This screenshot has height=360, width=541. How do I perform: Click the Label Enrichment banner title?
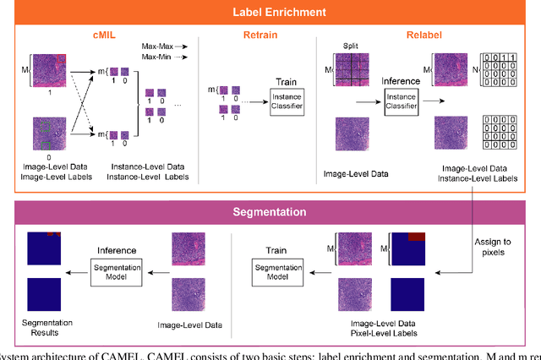pos(270,13)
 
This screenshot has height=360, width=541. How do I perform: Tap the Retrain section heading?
pos(258,37)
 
